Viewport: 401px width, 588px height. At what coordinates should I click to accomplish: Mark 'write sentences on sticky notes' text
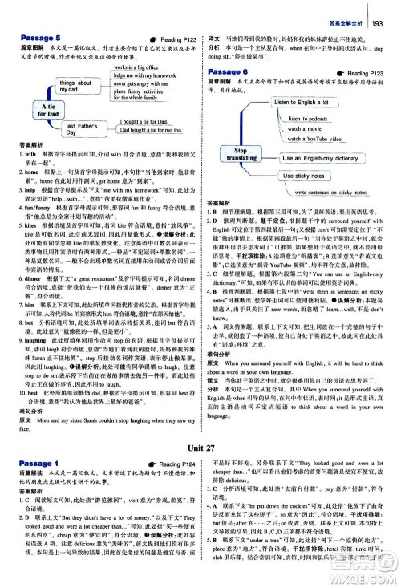(334, 193)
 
